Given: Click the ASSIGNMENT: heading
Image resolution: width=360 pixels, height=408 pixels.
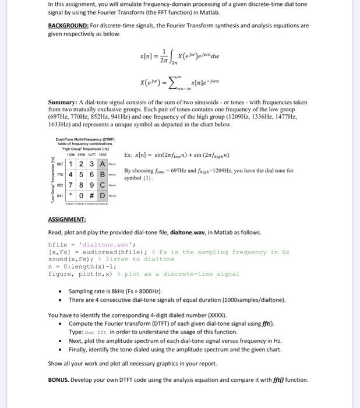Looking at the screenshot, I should tap(68, 221).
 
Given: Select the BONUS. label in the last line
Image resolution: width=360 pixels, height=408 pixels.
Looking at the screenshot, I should tap(61, 380).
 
